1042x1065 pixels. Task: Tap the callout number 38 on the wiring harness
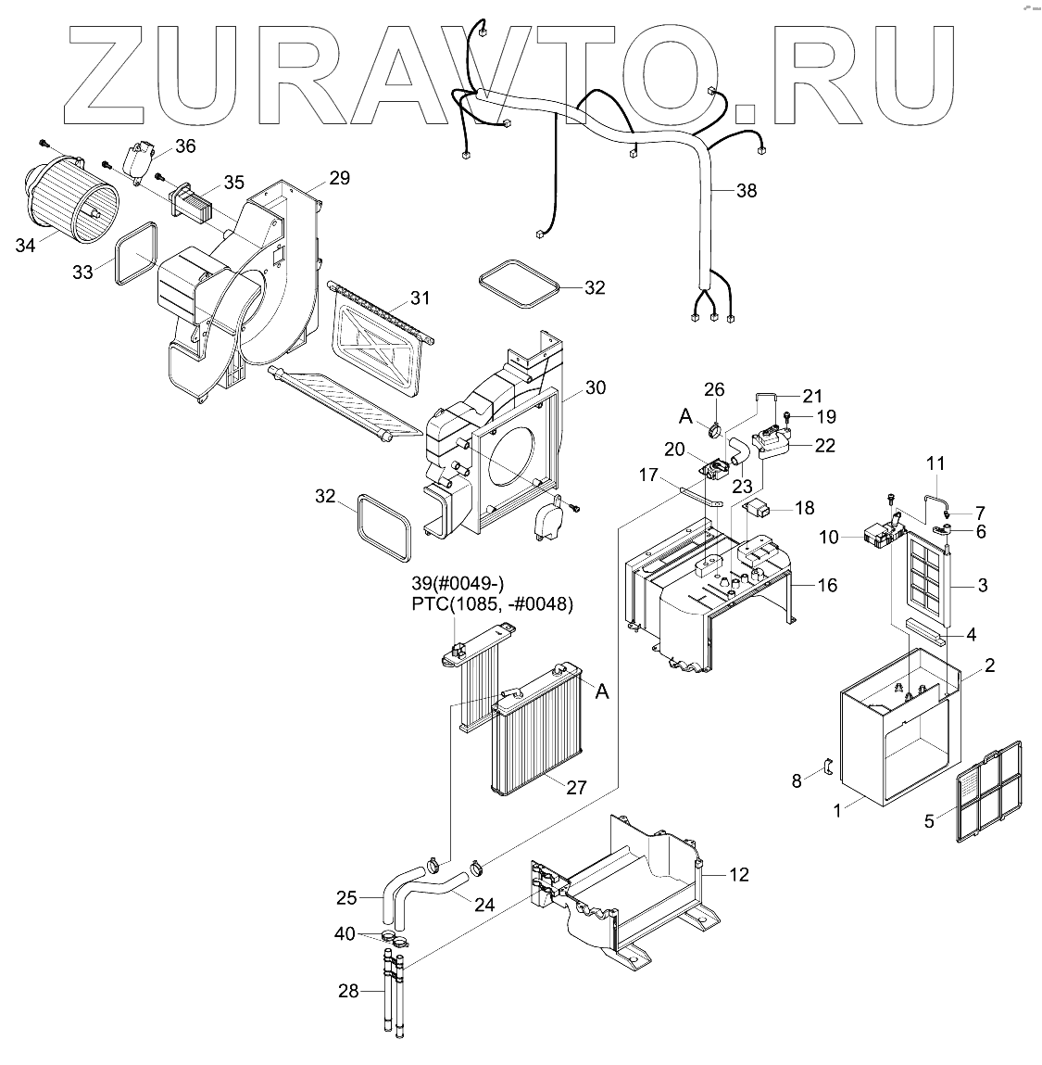(746, 191)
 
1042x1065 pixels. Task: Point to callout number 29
(339, 176)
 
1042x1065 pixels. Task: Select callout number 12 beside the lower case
(738, 874)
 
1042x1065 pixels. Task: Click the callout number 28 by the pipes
(347, 991)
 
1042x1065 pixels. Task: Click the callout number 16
(826, 585)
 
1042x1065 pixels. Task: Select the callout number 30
(595, 387)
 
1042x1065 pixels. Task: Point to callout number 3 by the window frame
(983, 585)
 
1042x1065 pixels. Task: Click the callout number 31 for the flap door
(421, 298)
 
